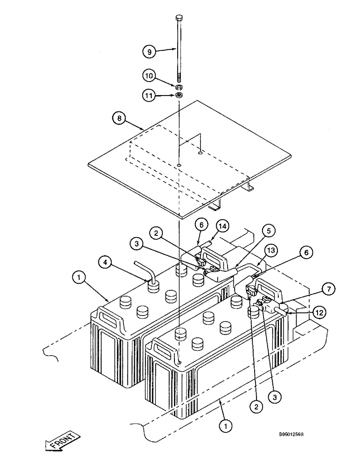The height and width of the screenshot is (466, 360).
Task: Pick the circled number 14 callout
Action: tap(222, 225)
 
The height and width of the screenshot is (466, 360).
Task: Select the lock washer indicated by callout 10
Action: tap(179, 87)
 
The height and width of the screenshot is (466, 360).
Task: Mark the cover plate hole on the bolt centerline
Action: tap(179, 164)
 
